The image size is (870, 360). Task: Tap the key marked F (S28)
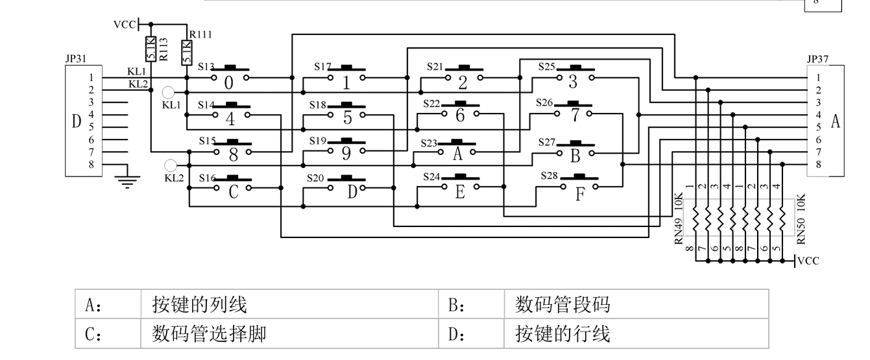point(579,187)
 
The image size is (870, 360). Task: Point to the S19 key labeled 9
point(346,150)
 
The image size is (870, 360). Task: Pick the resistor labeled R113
point(151,49)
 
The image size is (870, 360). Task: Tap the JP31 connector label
point(76,58)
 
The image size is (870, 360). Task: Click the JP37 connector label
point(817,59)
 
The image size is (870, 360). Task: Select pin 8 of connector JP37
point(818,165)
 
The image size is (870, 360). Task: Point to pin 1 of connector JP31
point(91,78)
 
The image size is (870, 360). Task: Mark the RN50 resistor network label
point(801,232)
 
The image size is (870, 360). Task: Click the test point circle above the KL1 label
point(168,92)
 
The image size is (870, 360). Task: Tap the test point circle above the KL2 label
point(171,165)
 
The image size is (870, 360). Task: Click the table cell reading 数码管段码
point(636,304)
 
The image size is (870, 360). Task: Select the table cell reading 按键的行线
point(636,333)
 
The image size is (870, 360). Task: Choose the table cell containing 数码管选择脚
point(289,333)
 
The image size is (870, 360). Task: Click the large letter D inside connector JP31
point(77,121)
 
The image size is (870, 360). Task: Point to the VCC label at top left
point(125,25)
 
